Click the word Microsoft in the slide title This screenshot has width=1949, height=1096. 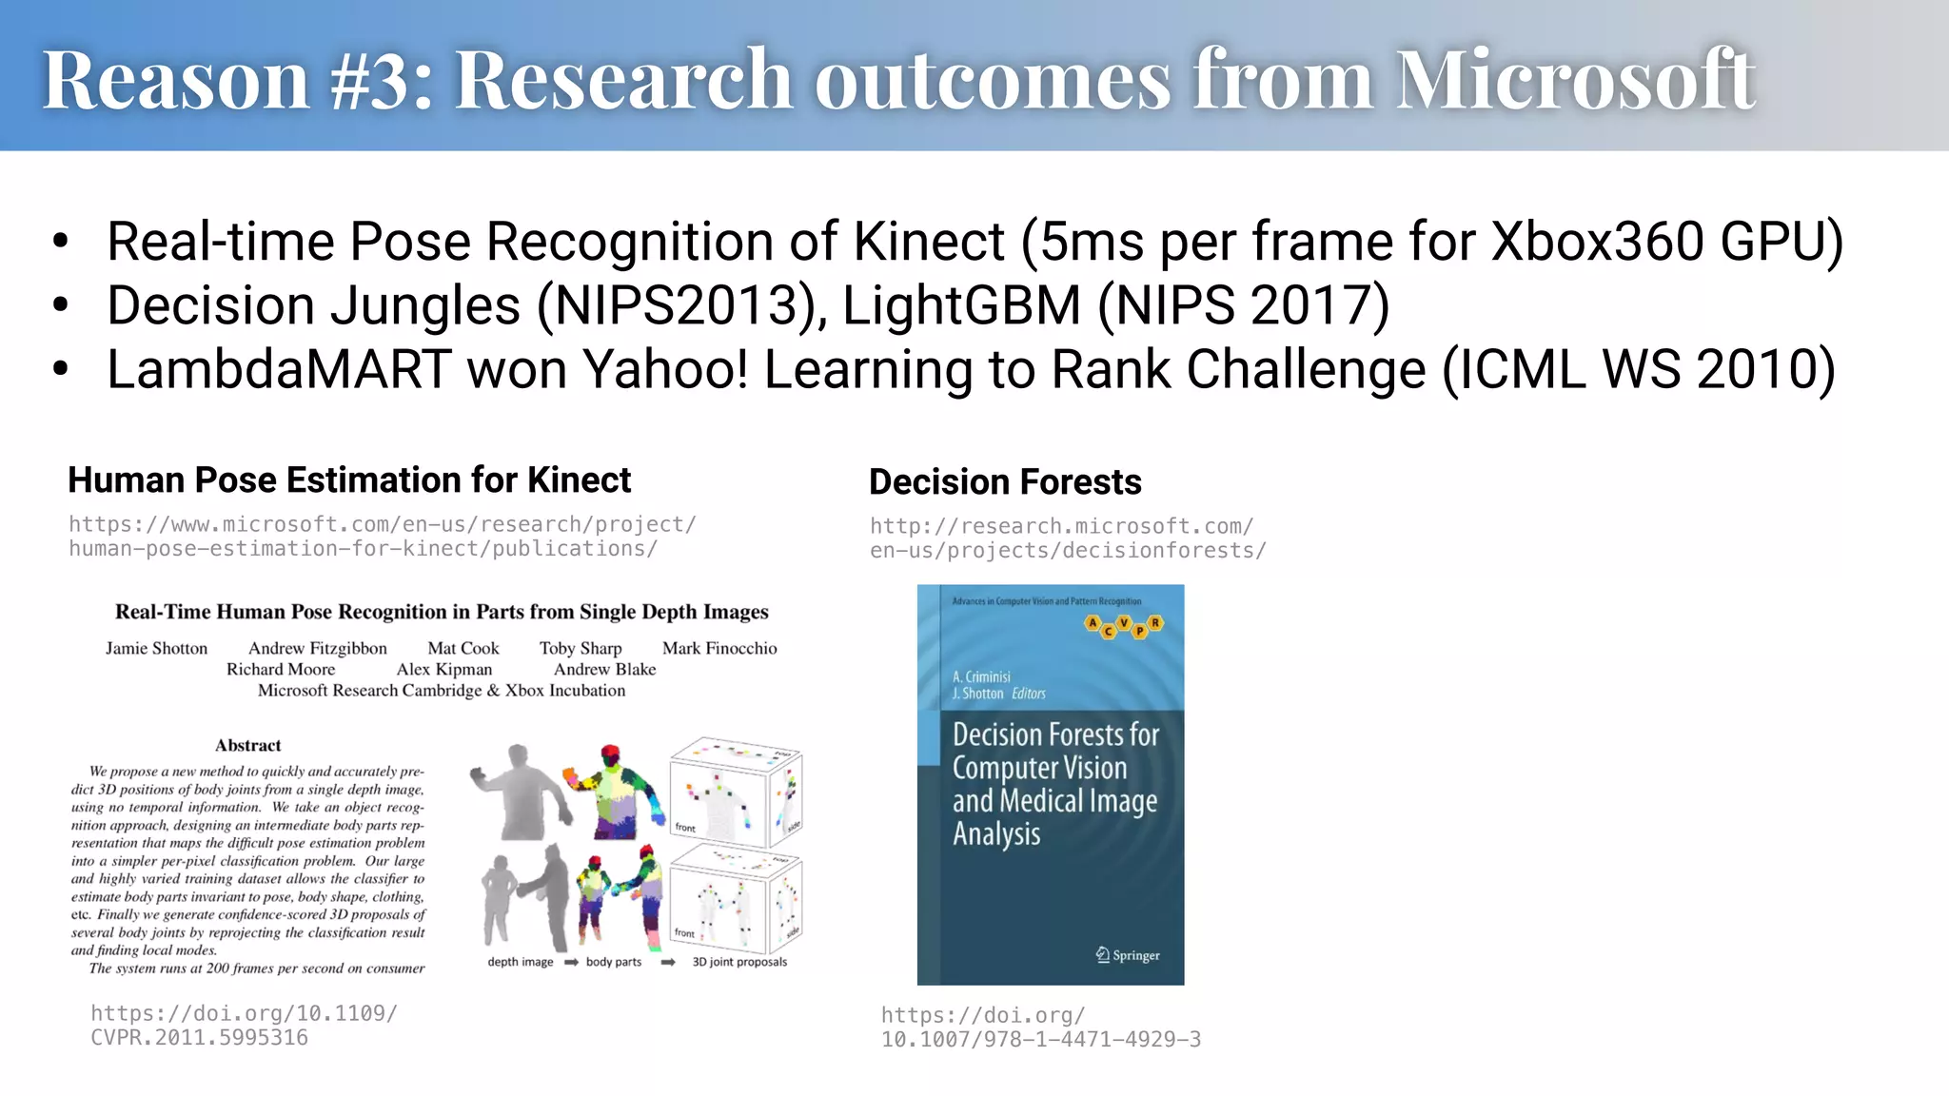coord(1574,80)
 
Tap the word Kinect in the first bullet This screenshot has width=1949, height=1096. coord(929,242)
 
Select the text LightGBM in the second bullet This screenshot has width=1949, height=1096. coord(961,305)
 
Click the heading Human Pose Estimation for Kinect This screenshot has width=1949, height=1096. coord(349,480)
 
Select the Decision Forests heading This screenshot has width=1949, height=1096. coord(1005,482)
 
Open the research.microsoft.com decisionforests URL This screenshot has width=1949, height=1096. coord(1067,538)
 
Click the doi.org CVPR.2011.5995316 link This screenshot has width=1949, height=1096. coord(244,1026)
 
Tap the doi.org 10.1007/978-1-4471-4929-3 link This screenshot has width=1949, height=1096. coord(1040,1027)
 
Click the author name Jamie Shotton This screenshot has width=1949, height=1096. coord(156,649)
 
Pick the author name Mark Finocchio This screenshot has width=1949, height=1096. coord(719,649)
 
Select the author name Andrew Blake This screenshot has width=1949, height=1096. coord(604,670)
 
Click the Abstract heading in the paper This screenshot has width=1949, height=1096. coord(247,746)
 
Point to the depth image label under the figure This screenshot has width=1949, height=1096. coord(520,962)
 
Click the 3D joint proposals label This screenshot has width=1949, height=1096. coord(739,962)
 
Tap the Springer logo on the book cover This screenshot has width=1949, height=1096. coord(1128,955)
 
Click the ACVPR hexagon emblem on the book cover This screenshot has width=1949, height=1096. coord(1124,626)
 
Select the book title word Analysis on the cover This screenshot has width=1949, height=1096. coord(996,834)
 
